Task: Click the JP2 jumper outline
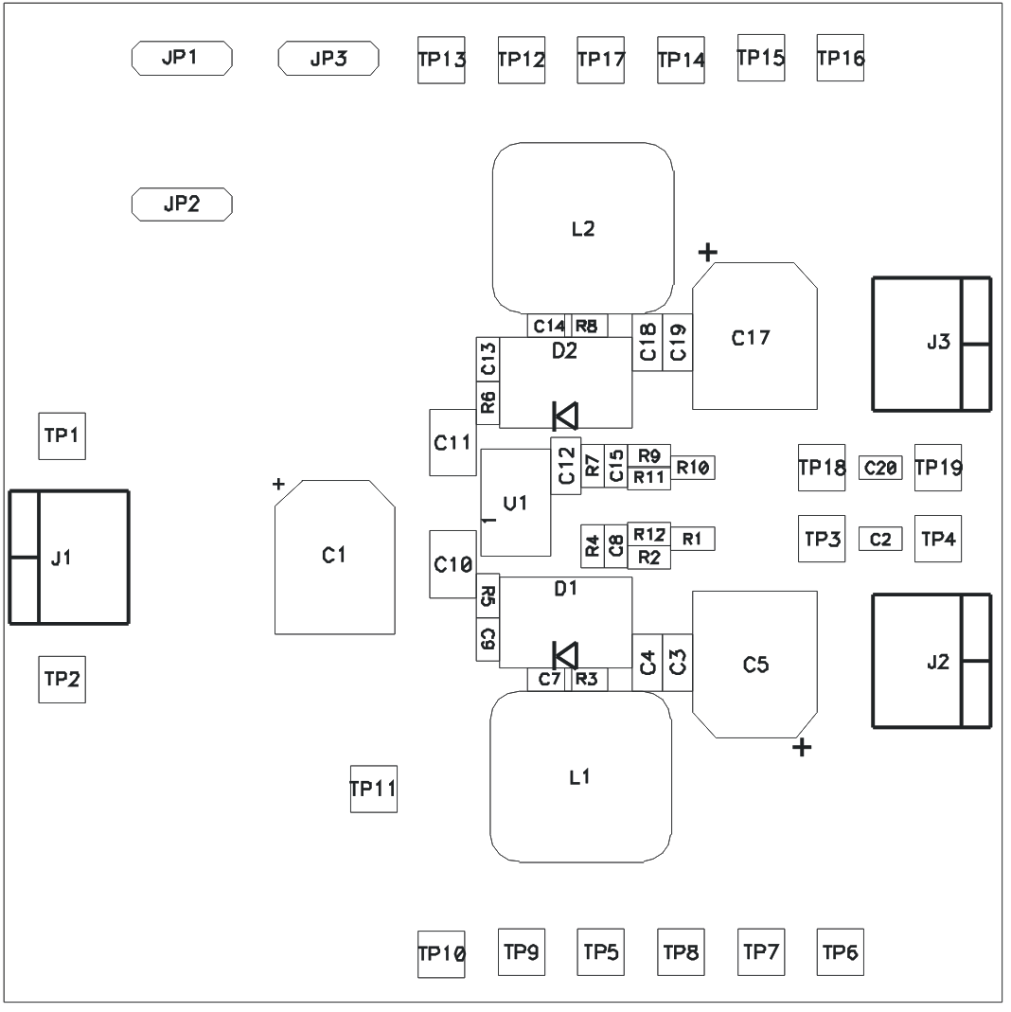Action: (x=181, y=204)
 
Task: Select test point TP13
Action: (x=441, y=61)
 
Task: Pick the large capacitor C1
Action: (x=334, y=557)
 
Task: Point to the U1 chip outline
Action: (x=515, y=503)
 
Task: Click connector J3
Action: (x=931, y=344)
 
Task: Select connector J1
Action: (x=68, y=558)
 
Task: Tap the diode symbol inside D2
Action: (x=565, y=415)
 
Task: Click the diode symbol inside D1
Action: (x=565, y=654)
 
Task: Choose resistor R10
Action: (x=693, y=467)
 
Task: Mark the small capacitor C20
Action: (x=880, y=467)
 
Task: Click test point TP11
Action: (x=373, y=789)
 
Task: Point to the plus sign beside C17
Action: (x=707, y=252)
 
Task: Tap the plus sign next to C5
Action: (x=802, y=748)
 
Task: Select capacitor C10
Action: (x=452, y=564)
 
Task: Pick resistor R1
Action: (x=692, y=539)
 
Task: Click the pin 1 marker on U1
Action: (x=486, y=521)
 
